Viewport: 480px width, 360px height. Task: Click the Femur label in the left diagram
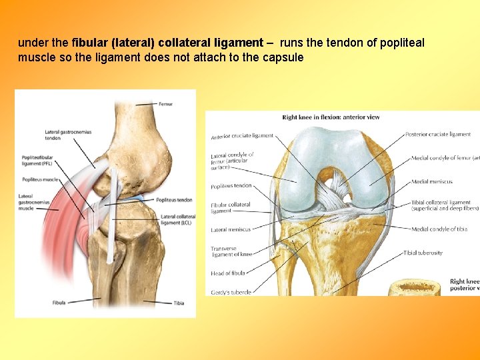[x=165, y=104]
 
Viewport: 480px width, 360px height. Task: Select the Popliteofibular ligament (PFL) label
[x=37, y=161]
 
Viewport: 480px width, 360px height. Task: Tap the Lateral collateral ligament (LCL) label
[x=178, y=219]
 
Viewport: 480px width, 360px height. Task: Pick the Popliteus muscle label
[x=41, y=180]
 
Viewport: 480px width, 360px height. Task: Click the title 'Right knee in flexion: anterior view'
[x=331, y=117]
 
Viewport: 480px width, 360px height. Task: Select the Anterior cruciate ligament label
[x=242, y=136]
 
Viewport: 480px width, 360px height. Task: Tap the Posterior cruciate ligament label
[x=438, y=135]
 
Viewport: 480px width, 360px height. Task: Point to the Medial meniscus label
[x=432, y=181]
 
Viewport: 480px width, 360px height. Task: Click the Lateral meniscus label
[x=231, y=229]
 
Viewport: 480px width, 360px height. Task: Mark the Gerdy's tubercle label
[x=231, y=292]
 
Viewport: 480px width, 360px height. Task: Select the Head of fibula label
[x=228, y=273]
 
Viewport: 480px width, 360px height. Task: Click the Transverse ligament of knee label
[x=232, y=251]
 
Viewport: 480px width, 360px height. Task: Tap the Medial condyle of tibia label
[x=439, y=229]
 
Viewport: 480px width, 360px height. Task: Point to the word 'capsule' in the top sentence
[x=285, y=57]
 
